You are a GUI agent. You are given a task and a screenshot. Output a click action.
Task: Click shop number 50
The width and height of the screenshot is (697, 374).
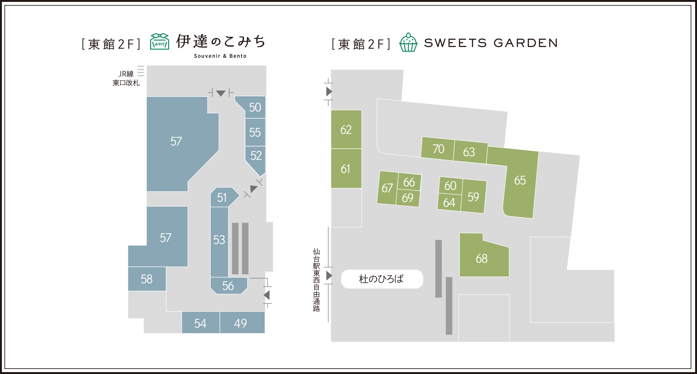pyautogui.click(x=255, y=108)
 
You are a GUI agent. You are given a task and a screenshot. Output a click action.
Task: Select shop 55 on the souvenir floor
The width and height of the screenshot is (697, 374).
pyautogui.click(x=255, y=132)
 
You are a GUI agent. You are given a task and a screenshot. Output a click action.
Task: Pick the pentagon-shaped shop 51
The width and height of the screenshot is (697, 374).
pyautogui.click(x=222, y=198)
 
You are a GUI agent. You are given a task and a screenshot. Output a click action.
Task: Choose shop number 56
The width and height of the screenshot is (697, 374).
pyautogui.click(x=228, y=286)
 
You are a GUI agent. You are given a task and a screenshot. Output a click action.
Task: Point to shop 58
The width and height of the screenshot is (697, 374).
pyautogui.click(x=147, y=279)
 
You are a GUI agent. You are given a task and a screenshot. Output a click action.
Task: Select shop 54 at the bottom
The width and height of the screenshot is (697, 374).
pyautogui.click(x=200, y=323)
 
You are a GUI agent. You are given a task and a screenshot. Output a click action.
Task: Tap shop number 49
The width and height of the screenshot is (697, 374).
pyautogui.click(x=240, y=323)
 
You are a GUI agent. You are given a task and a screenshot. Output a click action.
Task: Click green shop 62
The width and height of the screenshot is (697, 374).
pyautogui.click(x=346, y=130)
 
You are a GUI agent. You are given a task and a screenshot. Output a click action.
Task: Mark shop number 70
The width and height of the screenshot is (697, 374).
pyautogui.click(x=438, y=149)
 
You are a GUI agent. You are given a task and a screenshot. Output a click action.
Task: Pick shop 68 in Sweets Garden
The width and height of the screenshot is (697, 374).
pyautogui.click(x=482, y=259)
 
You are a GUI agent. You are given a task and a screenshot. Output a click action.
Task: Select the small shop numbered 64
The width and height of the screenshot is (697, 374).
pyautogui.click(x=449, y=203)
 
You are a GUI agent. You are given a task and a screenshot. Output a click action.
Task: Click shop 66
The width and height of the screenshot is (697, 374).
pyautogui.click(x=409, y=182)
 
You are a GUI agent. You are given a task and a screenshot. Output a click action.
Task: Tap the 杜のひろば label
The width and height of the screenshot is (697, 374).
pyautogui.click(x=381, y=279)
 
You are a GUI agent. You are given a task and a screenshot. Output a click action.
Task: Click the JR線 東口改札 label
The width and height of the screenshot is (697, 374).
pyautogui.click(x=126, y=78)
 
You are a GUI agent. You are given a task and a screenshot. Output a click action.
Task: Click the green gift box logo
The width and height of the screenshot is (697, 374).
pyautogui.click(x=159, y=42)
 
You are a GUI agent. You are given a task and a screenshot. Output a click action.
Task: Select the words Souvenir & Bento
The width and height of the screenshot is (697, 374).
pyautogui.click(x=220, y=56)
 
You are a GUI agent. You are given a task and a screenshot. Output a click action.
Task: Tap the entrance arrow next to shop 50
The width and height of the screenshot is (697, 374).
pyautogui.click(x=221, y=93)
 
